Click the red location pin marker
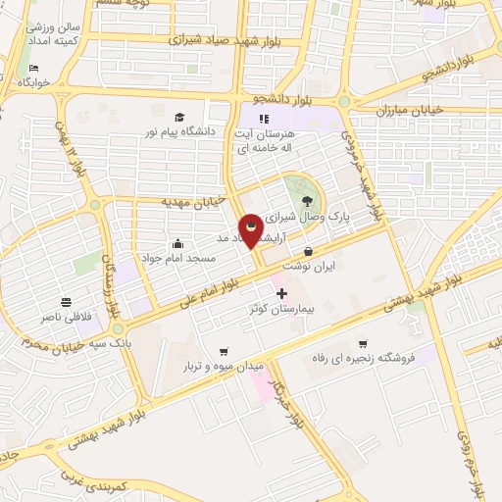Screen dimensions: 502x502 pyautogui.click(x=251, y=229)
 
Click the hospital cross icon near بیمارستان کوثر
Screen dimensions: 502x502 pyautogui.click(x=281, y=293)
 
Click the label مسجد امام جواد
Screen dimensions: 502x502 pyautogui.click(x=177, y=259)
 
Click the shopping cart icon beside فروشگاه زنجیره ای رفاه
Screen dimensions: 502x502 pyautogui.click(x=363, y=343)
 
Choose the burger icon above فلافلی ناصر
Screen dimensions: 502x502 pyautogui.click(x=65, y=301)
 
